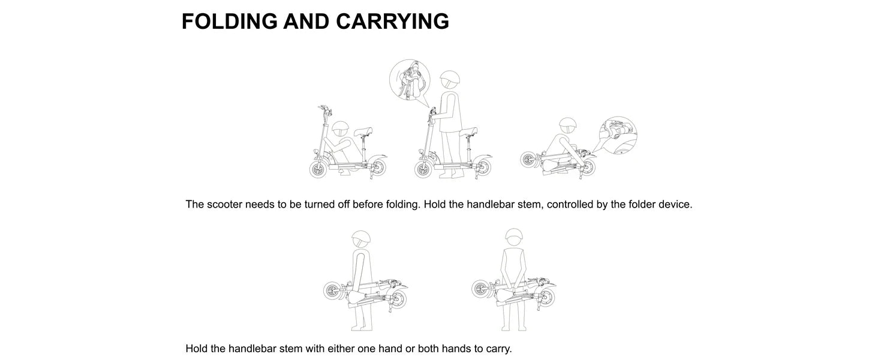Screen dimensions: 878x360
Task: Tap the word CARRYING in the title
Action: [x=392, y=21]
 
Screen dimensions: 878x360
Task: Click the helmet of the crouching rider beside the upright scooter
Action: [x=340, y=128]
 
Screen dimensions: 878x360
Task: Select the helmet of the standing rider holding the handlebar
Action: [x=450, y=80]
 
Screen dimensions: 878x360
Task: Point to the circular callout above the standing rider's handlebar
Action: [x=410, y=79]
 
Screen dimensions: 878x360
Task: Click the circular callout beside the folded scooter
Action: [x=618, y=135]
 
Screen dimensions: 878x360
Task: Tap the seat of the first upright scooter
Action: [x=363, y=131]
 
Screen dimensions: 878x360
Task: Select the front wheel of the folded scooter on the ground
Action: [x=529, y=160]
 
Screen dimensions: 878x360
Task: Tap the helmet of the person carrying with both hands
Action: [x=514, y=237]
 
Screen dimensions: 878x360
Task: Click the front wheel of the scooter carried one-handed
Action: [x=332, y=291]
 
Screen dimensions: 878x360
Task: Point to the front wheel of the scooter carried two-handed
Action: [x=480, y=289]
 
